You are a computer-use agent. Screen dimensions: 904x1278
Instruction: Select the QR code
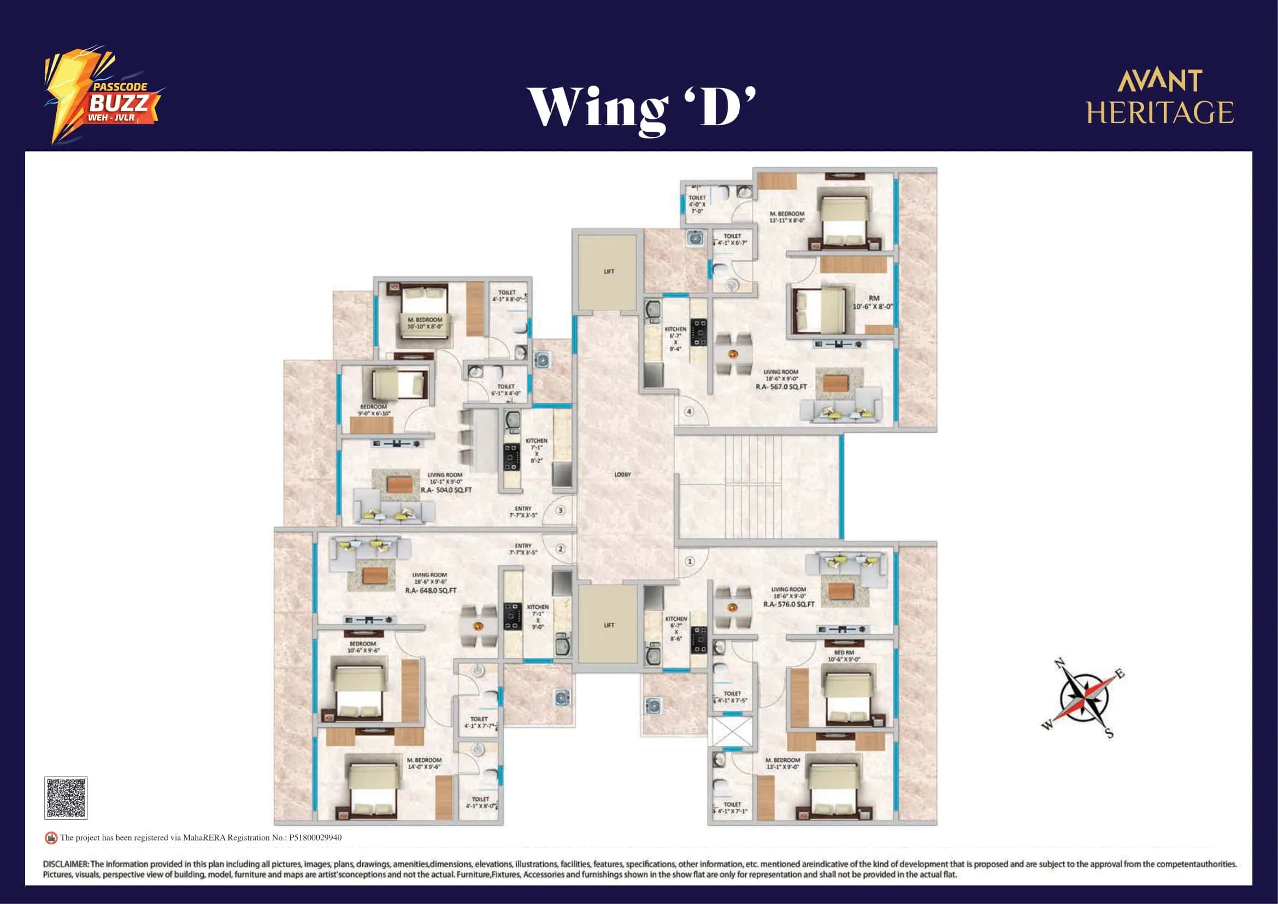pyautogui.click(x=66, y=797)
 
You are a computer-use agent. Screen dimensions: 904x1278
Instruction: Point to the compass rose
pyautogui.click(x=1083, y=698)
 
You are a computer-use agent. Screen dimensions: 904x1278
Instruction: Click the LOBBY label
pyautogui.click(x=622, y=474)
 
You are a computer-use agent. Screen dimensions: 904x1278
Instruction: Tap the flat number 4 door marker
pyautogui.click(x=689, y=412)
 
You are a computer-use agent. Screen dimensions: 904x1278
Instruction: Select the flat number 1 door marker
pyautogui.click(x=690, y=561)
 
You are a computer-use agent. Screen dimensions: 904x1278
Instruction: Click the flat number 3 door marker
pyautogui.click(x=561, y=510)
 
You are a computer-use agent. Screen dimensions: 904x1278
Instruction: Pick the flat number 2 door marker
pyautogui.click(x=561, y=549)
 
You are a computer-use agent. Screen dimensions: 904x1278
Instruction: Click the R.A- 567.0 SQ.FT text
pyautogui.click(x=781, y=386)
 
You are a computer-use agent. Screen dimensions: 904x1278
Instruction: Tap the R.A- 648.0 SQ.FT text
pyautogui.click(x=431, y=590)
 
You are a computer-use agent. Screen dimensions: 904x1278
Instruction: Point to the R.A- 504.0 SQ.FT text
pyautogui.click(x=446, y=490)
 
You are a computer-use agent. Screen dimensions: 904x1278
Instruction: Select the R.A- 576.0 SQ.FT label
pyautogui.click(x=789, y=604)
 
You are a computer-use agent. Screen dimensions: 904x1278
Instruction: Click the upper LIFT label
pyautogui.click(x=609, y=272)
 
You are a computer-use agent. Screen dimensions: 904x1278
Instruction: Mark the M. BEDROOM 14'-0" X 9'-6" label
pyautogui.click(x=424, y=763)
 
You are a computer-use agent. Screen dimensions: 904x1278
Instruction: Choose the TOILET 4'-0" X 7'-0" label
pyautogui.click(x=697, y=204)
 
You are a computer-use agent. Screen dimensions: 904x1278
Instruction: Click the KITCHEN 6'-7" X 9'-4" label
pyautogui.click(x=675, y=338)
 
